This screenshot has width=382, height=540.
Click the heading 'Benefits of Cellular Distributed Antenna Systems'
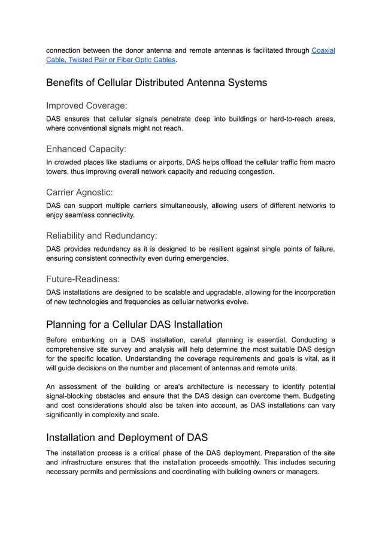(156, 82)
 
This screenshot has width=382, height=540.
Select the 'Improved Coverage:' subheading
(86, 105)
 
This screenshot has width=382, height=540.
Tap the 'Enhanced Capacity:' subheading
(86, 149)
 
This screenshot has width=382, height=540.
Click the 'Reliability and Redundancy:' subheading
(101, 236)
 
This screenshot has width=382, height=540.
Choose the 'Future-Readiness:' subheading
(83, 279)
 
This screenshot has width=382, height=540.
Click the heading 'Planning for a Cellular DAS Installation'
(134, 325)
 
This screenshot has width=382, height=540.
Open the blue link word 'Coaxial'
(323, 50)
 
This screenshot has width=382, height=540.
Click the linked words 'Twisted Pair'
(88, 60)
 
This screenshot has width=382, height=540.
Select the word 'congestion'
(253, 171)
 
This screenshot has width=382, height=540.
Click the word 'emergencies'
(207, 258)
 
